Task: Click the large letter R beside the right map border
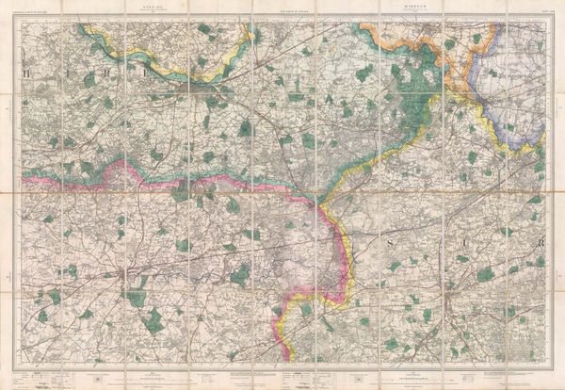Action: click(x=541, y=243)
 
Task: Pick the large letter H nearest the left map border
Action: click(x=27, y=71)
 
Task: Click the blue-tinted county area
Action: click(x=513, y=113)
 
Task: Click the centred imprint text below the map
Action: click(x=282, y=374)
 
